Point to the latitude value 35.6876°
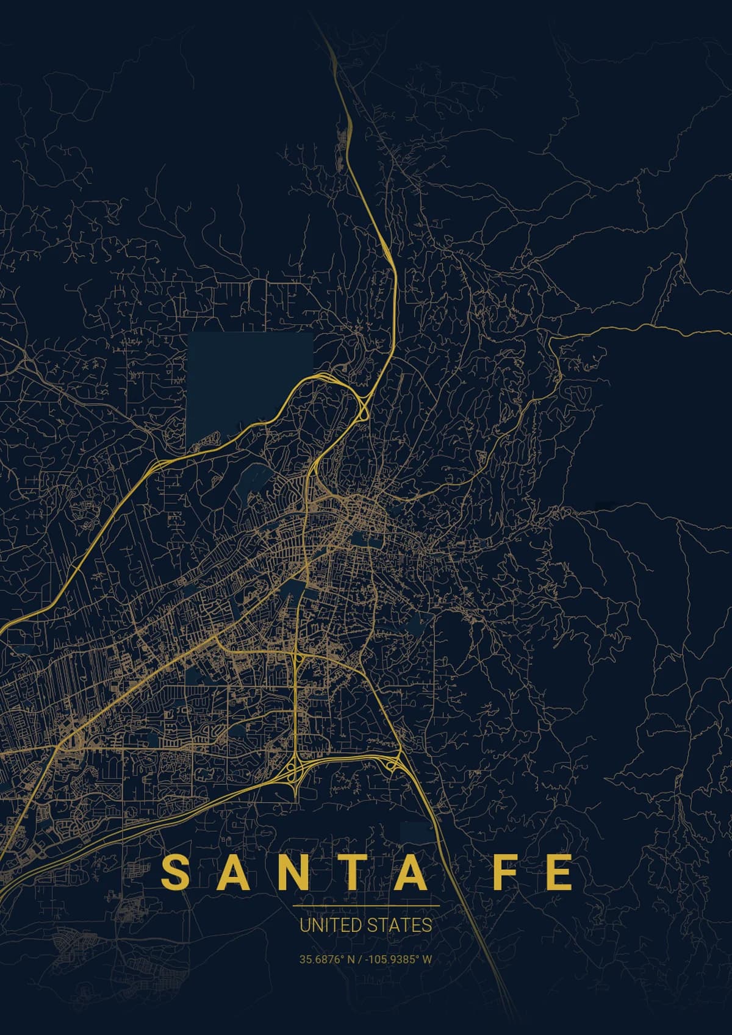tap(321, 959)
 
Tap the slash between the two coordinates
tap(362, 959)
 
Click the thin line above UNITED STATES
tap(366, 906)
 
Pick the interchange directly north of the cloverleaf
tap(295, 657)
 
